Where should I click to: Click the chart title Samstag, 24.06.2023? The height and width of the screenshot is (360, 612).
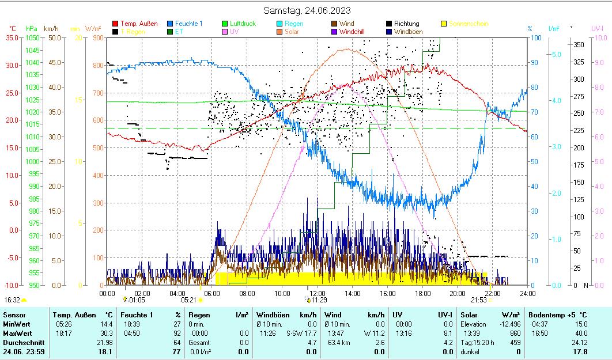pos(307,10)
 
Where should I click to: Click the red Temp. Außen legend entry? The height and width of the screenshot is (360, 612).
pos(139,24)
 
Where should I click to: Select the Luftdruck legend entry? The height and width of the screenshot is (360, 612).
pos(243,24)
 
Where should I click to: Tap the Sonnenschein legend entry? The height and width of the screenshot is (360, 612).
pos(468,24)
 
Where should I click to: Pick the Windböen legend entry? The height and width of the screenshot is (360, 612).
pos(408,32)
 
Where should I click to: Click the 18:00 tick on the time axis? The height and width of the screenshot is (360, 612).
pos(422,294)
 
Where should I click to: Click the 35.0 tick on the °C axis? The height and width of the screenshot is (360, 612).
pos(12,37)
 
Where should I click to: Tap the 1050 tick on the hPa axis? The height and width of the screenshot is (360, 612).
pos(32,37)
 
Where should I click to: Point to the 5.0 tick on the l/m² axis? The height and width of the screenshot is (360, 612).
pos(557,54)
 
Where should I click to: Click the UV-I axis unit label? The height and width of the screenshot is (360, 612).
pos(597,28)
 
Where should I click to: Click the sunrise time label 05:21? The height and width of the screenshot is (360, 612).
pos(188,300)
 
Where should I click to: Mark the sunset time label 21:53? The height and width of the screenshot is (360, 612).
pos(478,300)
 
